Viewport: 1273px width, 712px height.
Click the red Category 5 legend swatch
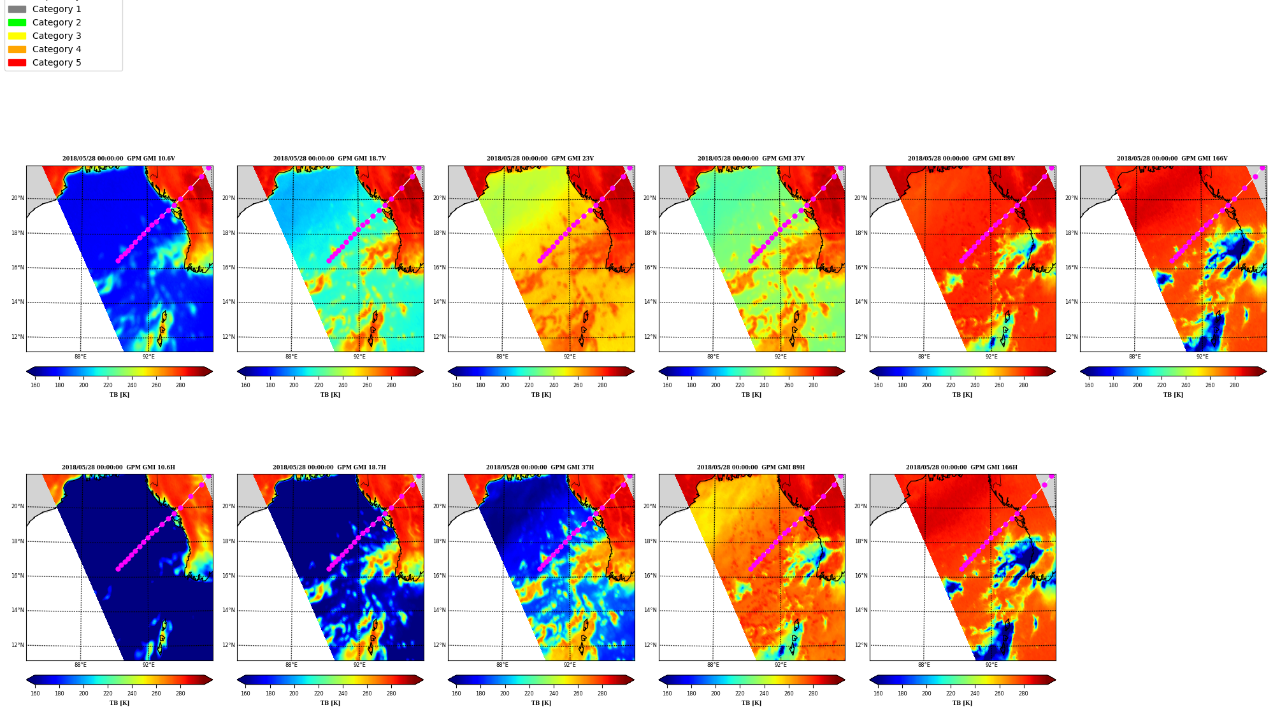[x=17, y=62]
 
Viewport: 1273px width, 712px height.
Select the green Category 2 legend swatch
[x=17, y=22]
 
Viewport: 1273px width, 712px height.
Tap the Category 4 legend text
[x=57, y=49]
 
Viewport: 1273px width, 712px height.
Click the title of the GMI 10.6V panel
[x=119, y=159]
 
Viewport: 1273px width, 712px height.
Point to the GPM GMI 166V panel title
[x=1172, y=159]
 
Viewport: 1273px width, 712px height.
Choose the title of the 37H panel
[x=540, y=467]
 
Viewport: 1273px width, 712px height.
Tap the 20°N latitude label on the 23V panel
[x=440, y=198]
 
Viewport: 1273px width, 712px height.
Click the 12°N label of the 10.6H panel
[x=18, y=645]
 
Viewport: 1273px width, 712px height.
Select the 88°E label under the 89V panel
[x=924, y=357]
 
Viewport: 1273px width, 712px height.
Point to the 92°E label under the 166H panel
[x=991, y=665]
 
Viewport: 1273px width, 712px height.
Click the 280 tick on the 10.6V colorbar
[x=180, y=385]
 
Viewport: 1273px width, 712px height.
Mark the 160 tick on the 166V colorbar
[x=1089, y=385]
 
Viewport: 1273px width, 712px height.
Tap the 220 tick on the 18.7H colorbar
[x=319, y=694]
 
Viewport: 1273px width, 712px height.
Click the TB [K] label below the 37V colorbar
[x=752, y=395]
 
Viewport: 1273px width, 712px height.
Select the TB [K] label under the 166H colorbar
[x=962, y=703]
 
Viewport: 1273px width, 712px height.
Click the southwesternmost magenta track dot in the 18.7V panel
[x=329, y=260]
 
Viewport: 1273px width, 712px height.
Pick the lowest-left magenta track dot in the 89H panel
[x=751, y=569]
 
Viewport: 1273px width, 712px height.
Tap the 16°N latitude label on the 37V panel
[x=650, y=267]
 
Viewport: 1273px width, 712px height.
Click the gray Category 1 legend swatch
[x=17, y=9]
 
